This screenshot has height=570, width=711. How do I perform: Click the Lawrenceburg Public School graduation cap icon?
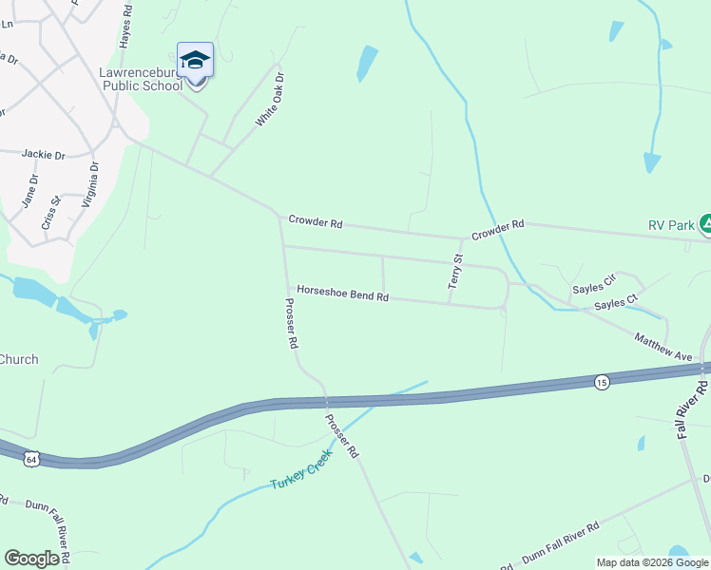(195, 60)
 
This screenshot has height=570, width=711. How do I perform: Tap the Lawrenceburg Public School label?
(141, 79)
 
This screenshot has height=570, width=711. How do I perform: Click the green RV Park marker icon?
(706, 224)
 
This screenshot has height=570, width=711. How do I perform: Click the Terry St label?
(457, 271)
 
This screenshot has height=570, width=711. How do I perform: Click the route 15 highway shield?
(602, 381)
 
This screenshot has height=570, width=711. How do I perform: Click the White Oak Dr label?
(270, 100)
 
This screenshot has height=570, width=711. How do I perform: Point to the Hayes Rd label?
(125, 31)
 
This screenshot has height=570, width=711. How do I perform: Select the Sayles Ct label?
(616, 303)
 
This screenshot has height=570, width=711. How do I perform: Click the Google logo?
(32, 559)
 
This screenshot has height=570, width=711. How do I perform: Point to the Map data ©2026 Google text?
(651, 561)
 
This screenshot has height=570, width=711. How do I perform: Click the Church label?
(19, 359)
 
